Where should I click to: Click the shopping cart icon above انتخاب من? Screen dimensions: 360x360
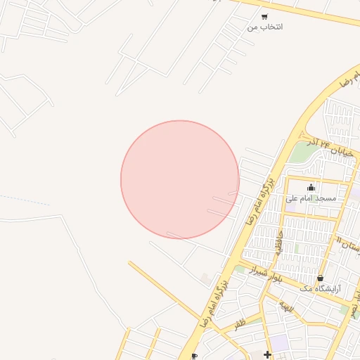click(x=264, y=17)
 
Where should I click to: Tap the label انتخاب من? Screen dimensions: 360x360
click(x=265, y=27)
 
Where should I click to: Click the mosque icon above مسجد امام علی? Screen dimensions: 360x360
click(x=311, y=187)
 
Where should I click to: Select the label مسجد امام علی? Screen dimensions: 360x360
click(x=311, y=198)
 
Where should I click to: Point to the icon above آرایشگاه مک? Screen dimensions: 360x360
click(x=321, y=278)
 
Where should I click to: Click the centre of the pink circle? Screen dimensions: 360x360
click(x=180, y=179)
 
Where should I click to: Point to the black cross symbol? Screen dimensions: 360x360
click(x=267, y=354)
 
